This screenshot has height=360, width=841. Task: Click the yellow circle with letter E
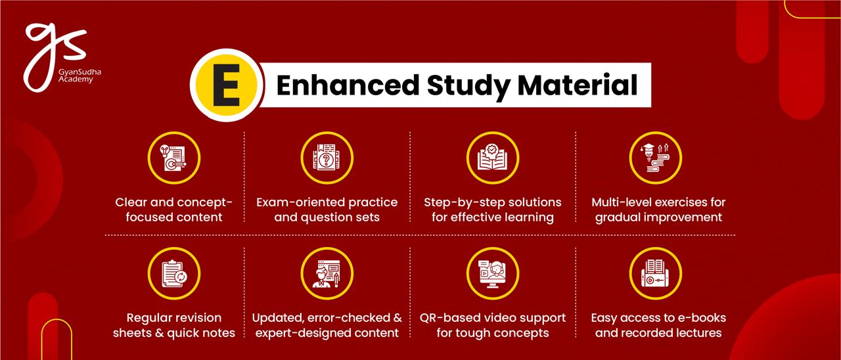226,85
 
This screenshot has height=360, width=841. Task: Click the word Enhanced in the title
348,85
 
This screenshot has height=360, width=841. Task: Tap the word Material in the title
578,85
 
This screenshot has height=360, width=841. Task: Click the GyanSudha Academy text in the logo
80,76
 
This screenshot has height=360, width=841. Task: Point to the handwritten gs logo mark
55,56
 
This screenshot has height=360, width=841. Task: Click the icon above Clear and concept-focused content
174,158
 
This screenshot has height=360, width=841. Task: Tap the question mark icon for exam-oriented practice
327,158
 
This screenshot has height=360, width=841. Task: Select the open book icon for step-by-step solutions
493,158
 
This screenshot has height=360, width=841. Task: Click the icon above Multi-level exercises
656,158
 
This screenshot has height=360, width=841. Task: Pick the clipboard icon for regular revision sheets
174,273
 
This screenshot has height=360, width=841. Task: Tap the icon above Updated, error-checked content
327,273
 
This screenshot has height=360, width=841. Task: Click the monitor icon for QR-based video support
493,273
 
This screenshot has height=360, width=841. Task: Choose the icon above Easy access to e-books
656,273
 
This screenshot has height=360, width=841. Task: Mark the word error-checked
349,318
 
